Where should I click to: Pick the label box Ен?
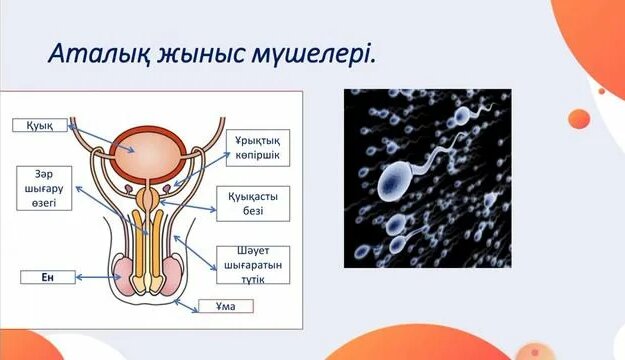coord(47,277)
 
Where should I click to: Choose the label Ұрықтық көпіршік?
coord(257,149)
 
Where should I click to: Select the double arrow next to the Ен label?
coord(96,277)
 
